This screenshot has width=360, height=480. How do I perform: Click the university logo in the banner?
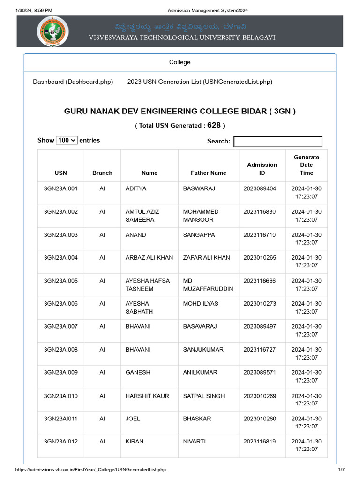(52, 31)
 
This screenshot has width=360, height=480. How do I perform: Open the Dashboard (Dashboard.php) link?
(73, 82)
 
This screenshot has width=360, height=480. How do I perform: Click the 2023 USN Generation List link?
(200, 82)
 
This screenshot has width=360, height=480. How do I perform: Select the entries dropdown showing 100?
(67, 140)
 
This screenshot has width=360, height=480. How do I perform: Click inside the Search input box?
(278, 141)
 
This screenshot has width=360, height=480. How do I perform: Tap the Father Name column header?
(208, 173)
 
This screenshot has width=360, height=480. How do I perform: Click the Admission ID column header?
(262, 169)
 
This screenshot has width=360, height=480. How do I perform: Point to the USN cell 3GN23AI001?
(61, 188)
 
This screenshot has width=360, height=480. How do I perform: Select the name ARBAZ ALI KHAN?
(149, 258)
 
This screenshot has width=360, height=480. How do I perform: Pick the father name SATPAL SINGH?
(203, 396)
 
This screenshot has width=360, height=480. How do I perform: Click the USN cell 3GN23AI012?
(61, 442)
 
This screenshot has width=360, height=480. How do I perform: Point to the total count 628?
(214, 125)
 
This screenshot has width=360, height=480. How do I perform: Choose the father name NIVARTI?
(194, 442)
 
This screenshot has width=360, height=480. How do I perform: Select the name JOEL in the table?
(133, 419)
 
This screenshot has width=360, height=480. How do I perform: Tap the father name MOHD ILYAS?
(201, 304)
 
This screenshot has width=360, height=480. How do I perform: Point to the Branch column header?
(102, 173)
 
